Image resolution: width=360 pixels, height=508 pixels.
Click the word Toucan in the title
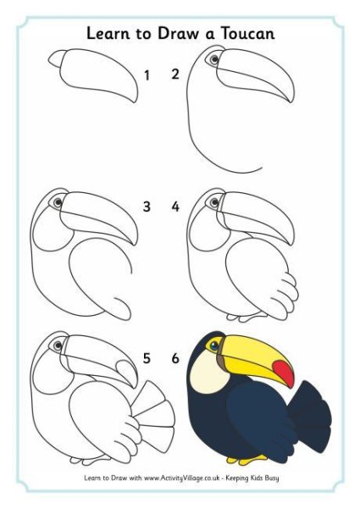point(248,33)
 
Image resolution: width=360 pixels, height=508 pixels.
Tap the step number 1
point(147,75)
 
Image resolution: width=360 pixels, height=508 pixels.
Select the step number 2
point(175,75)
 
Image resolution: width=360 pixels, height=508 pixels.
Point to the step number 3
point(147,207)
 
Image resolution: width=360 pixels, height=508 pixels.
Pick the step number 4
point(175,207)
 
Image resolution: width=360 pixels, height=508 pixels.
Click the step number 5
point(147,358)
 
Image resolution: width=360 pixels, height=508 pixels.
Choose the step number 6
point(175,358)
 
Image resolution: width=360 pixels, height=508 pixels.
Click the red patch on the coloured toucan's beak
point(284,373)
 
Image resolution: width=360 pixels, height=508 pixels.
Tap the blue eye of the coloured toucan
point(213,346)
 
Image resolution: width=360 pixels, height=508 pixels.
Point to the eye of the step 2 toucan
point(213,59)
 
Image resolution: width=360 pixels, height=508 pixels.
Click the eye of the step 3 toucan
point(58,202)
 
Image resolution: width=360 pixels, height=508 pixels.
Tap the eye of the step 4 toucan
point(214,202)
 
